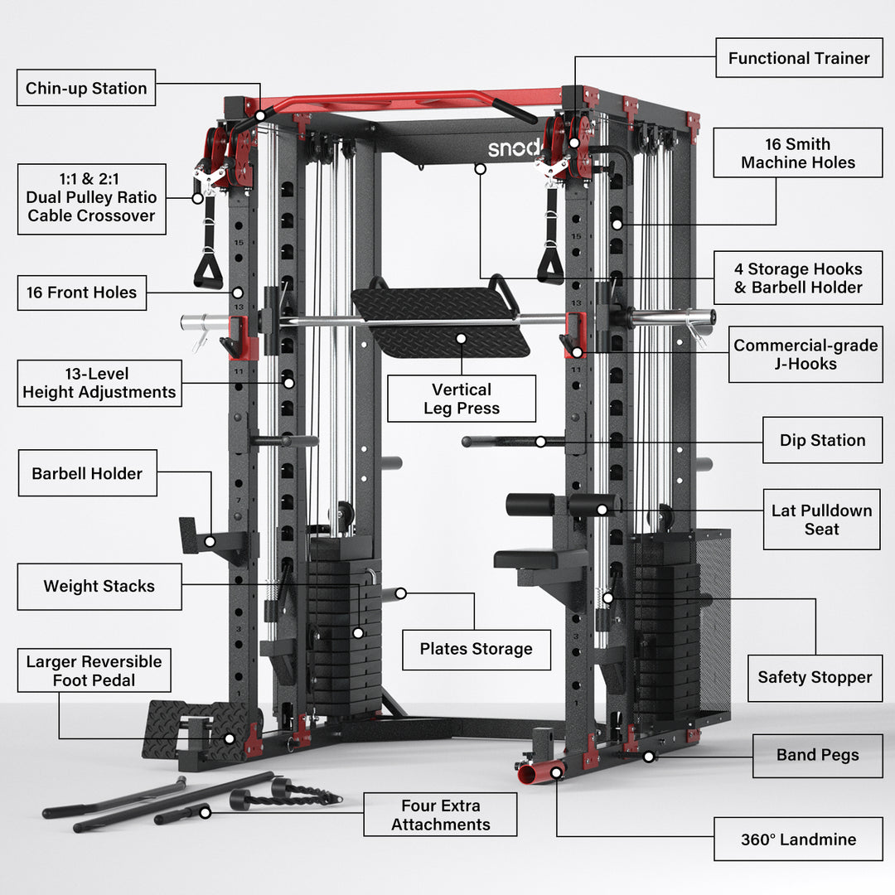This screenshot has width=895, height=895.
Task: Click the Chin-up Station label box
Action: (x=86, y=88)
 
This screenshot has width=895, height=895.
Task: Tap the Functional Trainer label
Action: (x=799, y=58)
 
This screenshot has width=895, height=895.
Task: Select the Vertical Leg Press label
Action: (x=461, y=399)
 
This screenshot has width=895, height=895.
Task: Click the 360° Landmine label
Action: (x=798, y=839)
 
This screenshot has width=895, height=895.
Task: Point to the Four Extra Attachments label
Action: (x=440, y=815)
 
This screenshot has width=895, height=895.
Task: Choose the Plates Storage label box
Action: (x=476, y=649)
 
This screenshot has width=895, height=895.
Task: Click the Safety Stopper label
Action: (x=815, y=677)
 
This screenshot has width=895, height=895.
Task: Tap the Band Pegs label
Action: (x=817, y=755)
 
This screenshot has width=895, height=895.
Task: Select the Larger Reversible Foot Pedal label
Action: (x=94, y=670)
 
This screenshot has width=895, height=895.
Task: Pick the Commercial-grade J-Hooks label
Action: (x=805, y=354)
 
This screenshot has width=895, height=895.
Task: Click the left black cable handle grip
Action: (x=208, y=271)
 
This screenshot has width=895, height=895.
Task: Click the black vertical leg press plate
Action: (x=439, y=319)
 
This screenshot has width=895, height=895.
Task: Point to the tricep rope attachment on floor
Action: (x=286, y=793)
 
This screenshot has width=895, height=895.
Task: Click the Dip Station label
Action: (x=822, y=440)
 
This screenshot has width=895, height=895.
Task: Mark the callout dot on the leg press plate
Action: (x=461, y=338)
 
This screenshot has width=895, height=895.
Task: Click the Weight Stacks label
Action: (x=99, y=586)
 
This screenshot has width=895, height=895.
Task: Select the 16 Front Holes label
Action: (x=81, y=293)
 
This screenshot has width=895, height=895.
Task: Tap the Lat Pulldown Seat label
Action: (x=821, y=520)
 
